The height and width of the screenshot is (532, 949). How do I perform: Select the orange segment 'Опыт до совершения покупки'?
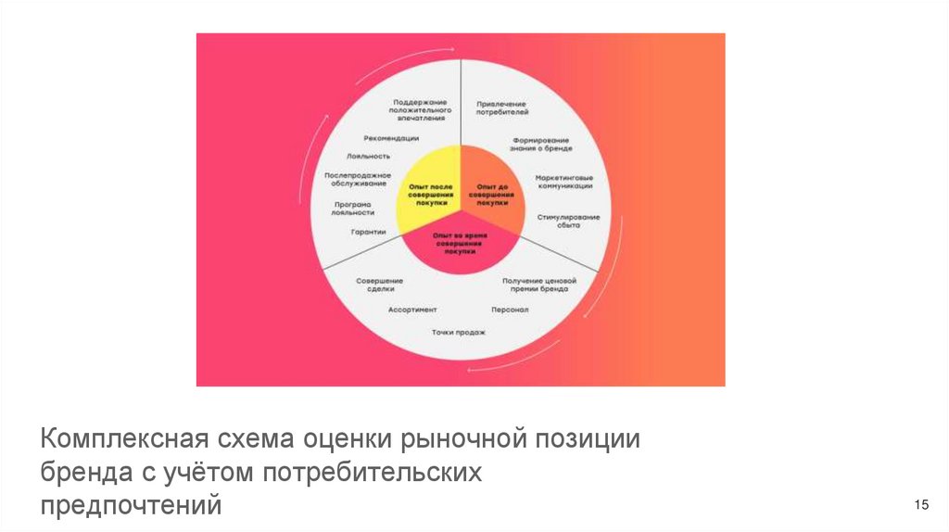pyautogui.click(x=490, y=195)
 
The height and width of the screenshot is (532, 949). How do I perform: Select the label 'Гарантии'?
pyautogui.click(x=368, y=232)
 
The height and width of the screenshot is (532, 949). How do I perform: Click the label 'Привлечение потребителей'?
pyautogui.click(x=501, y=108)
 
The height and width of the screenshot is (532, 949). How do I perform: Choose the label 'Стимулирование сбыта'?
pyautogui.click(x=568, y=221)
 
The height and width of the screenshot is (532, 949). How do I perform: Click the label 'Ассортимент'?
pyautogui.click(x=412, y=310)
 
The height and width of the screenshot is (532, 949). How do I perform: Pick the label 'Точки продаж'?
pyautogui.click(x=458, y=332)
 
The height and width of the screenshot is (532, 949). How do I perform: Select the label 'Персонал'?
pyautogui.click(x=510, y=310)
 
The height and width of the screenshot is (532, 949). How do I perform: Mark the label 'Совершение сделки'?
pyautogui.click(x=379, y=285)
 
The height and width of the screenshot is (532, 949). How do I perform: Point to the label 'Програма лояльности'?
pyautogui.click(x=352, y=208)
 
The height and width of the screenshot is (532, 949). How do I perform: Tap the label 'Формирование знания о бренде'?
pyautogui.click(x=540, y=145)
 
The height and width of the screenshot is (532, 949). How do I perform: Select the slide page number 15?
pyautogui.click(x=921, y=505)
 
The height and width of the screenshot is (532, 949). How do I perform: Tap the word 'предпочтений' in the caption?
pyautogui.click(x=131, y=506)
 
